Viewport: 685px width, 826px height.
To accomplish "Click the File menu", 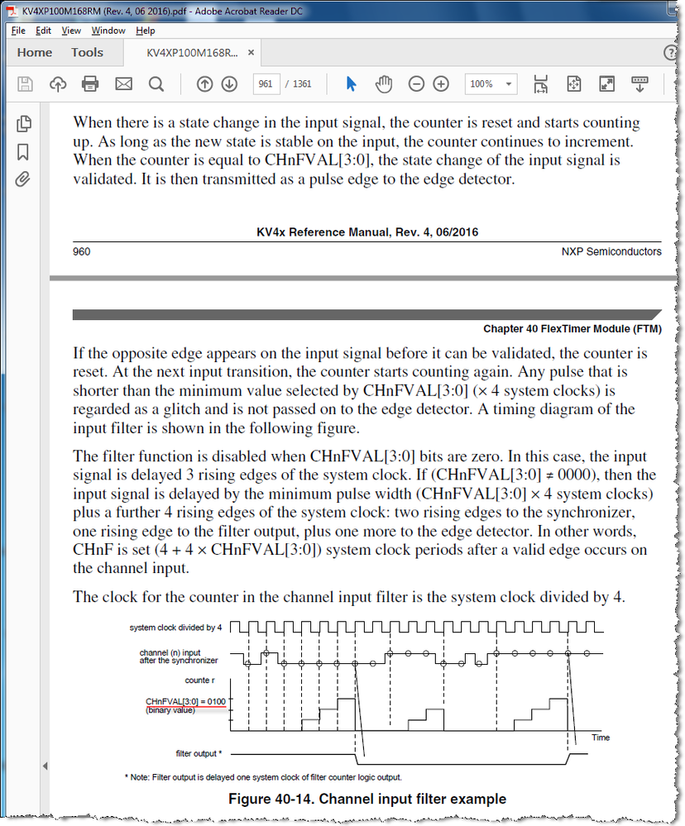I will tap(18, 31).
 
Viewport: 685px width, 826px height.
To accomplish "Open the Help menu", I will tap(146, 31).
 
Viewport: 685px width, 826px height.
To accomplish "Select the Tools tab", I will tap(87, 53).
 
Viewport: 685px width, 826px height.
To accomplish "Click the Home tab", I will tap(35, 53).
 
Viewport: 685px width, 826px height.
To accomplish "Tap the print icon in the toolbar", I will tap(90, 84).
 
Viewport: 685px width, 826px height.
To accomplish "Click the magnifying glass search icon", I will tap(156, 84).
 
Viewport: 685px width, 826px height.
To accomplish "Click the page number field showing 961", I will tap(266, 84).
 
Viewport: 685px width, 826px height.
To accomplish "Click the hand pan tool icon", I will tap(383, 84).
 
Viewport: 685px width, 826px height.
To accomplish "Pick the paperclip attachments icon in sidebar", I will tap(23, 179).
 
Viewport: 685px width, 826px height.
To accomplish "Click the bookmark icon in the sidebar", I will tap(23, 152).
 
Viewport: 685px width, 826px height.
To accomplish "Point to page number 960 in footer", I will tap(82, 251).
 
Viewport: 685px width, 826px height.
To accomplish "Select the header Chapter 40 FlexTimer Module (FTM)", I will tap(572, 329).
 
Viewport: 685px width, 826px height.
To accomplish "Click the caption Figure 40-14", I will tap(366, 799).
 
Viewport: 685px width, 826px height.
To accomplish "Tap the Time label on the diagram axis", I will tap(601, 737).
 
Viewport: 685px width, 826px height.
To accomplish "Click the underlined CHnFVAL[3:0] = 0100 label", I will tap(185, 701).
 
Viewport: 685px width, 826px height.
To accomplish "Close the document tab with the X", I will tap(251, 53).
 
